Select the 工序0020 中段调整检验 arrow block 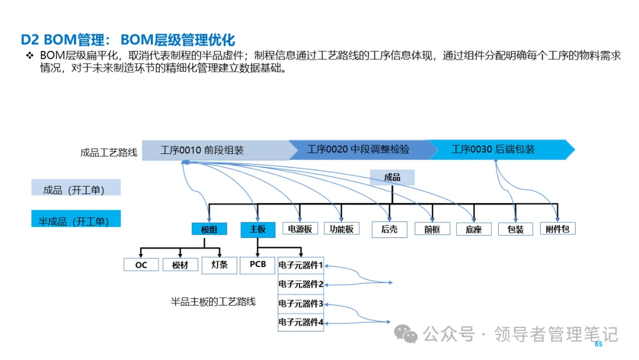358,149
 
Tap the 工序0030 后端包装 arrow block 493,149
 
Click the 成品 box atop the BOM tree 392,177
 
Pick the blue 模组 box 209,229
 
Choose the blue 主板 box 257,229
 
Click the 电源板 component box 300,229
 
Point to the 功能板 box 341,229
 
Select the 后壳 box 389,229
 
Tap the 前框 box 433,229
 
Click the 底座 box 474,229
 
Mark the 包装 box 516,229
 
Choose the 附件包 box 557,229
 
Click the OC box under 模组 141,265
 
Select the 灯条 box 220,265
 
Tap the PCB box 258,265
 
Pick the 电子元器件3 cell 301,304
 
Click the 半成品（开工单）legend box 76,221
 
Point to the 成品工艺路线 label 109,152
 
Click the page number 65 598,344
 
